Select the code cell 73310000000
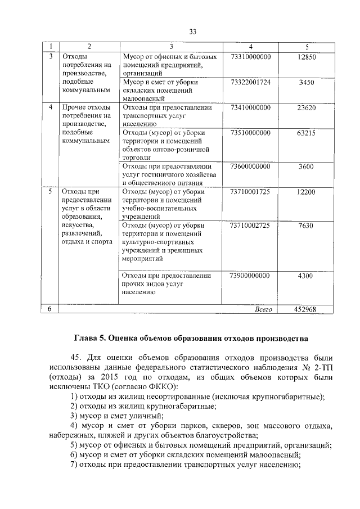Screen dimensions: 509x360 pos(250,57)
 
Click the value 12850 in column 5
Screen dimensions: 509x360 pos(306,57)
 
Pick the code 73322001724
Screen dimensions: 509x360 pos(250,82)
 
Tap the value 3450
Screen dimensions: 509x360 pos(306,82)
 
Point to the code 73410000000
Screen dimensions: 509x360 pos(250,107)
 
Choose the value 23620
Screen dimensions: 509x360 pos(306,107)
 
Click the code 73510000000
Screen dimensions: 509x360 pos(250,133)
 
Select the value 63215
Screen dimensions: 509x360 pos(306,133)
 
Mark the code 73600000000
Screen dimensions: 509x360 pos(250,166)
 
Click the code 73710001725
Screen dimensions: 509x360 pos(250,192)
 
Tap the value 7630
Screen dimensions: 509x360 pos(306,226)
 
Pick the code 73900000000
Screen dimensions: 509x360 pos(250,276)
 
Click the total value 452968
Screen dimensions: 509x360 pos(306,309)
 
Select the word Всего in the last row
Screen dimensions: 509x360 pos(263,309)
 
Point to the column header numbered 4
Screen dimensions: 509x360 pos(250,46)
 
